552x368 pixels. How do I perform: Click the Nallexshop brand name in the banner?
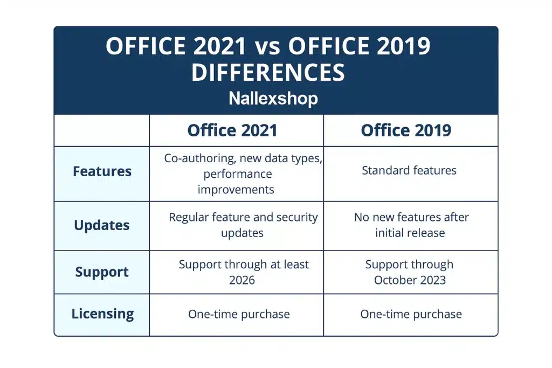[x=273, y=99]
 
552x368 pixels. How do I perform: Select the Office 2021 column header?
[x=232, y=130]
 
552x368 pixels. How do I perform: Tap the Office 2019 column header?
[x=406, y=130]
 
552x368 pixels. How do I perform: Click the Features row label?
[x=102, y=171]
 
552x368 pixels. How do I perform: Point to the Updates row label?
[x=102, y=225]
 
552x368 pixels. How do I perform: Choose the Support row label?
[x=102, y=272]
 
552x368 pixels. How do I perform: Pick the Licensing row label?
[x=102, y=314]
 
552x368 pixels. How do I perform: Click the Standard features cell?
[x=409, y=171]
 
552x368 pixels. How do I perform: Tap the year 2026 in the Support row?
[x=242, y=280]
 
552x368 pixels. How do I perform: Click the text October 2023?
[x=410, y=280]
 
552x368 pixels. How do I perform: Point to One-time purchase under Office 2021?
[x=239, y=314]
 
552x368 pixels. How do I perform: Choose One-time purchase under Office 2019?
[x=411, y=314]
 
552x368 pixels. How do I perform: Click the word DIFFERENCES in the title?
[x=268, y=72]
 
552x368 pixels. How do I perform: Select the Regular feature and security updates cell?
[x=243, y=225]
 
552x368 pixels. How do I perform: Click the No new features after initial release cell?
[x=411, y=225]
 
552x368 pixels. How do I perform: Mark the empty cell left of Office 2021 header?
[x=102, y=130]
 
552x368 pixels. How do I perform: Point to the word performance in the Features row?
[x=238, y=174]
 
